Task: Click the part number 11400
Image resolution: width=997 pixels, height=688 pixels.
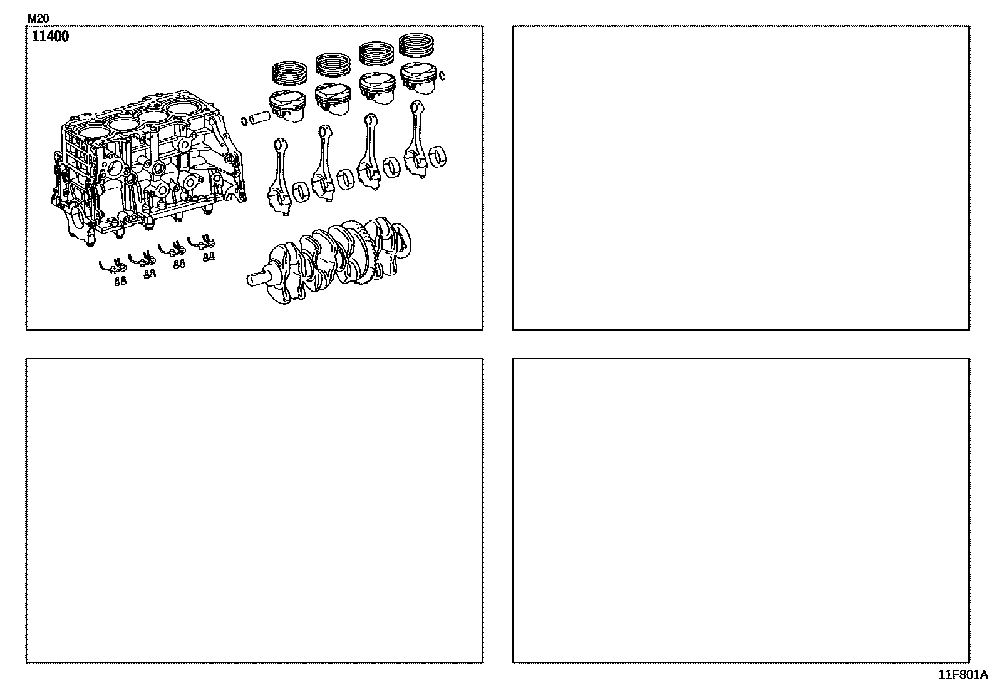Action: point(50,36)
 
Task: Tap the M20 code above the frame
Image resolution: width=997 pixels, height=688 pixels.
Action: point(38,18)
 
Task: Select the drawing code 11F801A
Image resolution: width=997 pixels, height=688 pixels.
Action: point(963,675)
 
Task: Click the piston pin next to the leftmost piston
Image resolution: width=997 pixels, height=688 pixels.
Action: point(259,118)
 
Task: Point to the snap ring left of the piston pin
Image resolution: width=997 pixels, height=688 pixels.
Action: point(244,121)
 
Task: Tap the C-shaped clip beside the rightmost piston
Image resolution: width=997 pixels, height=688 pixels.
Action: point(442,76)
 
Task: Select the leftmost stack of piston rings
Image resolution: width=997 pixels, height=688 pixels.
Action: point(290,73)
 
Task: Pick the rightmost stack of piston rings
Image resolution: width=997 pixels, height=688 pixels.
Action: point(416,45)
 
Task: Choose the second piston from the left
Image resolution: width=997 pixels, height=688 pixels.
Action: point(333,99)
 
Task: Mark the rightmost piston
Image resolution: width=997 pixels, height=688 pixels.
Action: point(418,78)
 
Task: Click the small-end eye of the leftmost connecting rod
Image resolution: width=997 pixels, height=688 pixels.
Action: point(281,145)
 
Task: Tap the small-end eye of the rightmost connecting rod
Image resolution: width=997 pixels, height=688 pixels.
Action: point(418,108)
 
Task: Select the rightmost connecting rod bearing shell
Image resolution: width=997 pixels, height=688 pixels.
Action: point(438,157)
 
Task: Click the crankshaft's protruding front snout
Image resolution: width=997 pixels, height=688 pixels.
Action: point(258,279)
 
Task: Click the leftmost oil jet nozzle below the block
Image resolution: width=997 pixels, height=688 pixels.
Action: point(113,266)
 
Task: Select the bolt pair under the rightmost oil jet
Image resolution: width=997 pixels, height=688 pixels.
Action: point(209,256)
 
